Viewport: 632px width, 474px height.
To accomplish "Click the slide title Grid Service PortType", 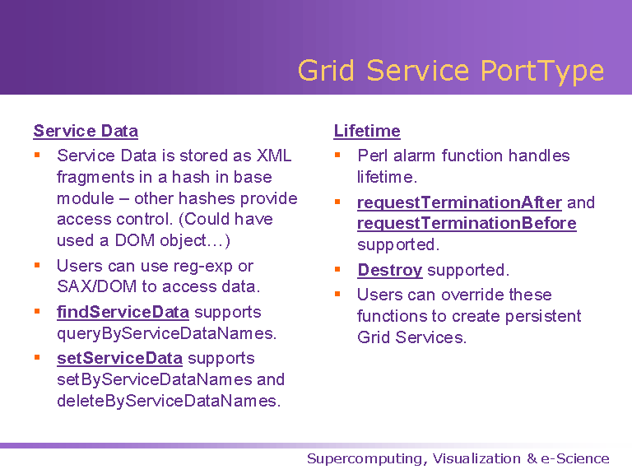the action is pos(451,72).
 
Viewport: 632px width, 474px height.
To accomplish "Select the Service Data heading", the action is pos(86,132).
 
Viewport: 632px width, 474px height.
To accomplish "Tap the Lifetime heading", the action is pos(367,132).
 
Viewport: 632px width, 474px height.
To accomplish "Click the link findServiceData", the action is pos(123,313).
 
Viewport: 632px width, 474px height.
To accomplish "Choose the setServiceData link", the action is pos(119,358).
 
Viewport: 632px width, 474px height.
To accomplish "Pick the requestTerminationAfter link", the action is pos(459,202).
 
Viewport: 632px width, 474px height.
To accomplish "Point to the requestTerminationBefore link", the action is pos(467,224).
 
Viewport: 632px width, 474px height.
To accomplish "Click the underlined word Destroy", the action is pos(390,271).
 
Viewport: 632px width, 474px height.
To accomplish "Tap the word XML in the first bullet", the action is pos(274,156).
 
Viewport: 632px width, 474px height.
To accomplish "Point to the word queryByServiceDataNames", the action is pos(167,334).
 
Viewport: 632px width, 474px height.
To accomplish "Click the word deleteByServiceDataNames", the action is pos(169,402).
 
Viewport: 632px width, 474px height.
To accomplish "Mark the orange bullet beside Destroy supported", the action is pos(337,269).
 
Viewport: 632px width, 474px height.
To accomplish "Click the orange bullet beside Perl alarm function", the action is pos(337,155).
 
